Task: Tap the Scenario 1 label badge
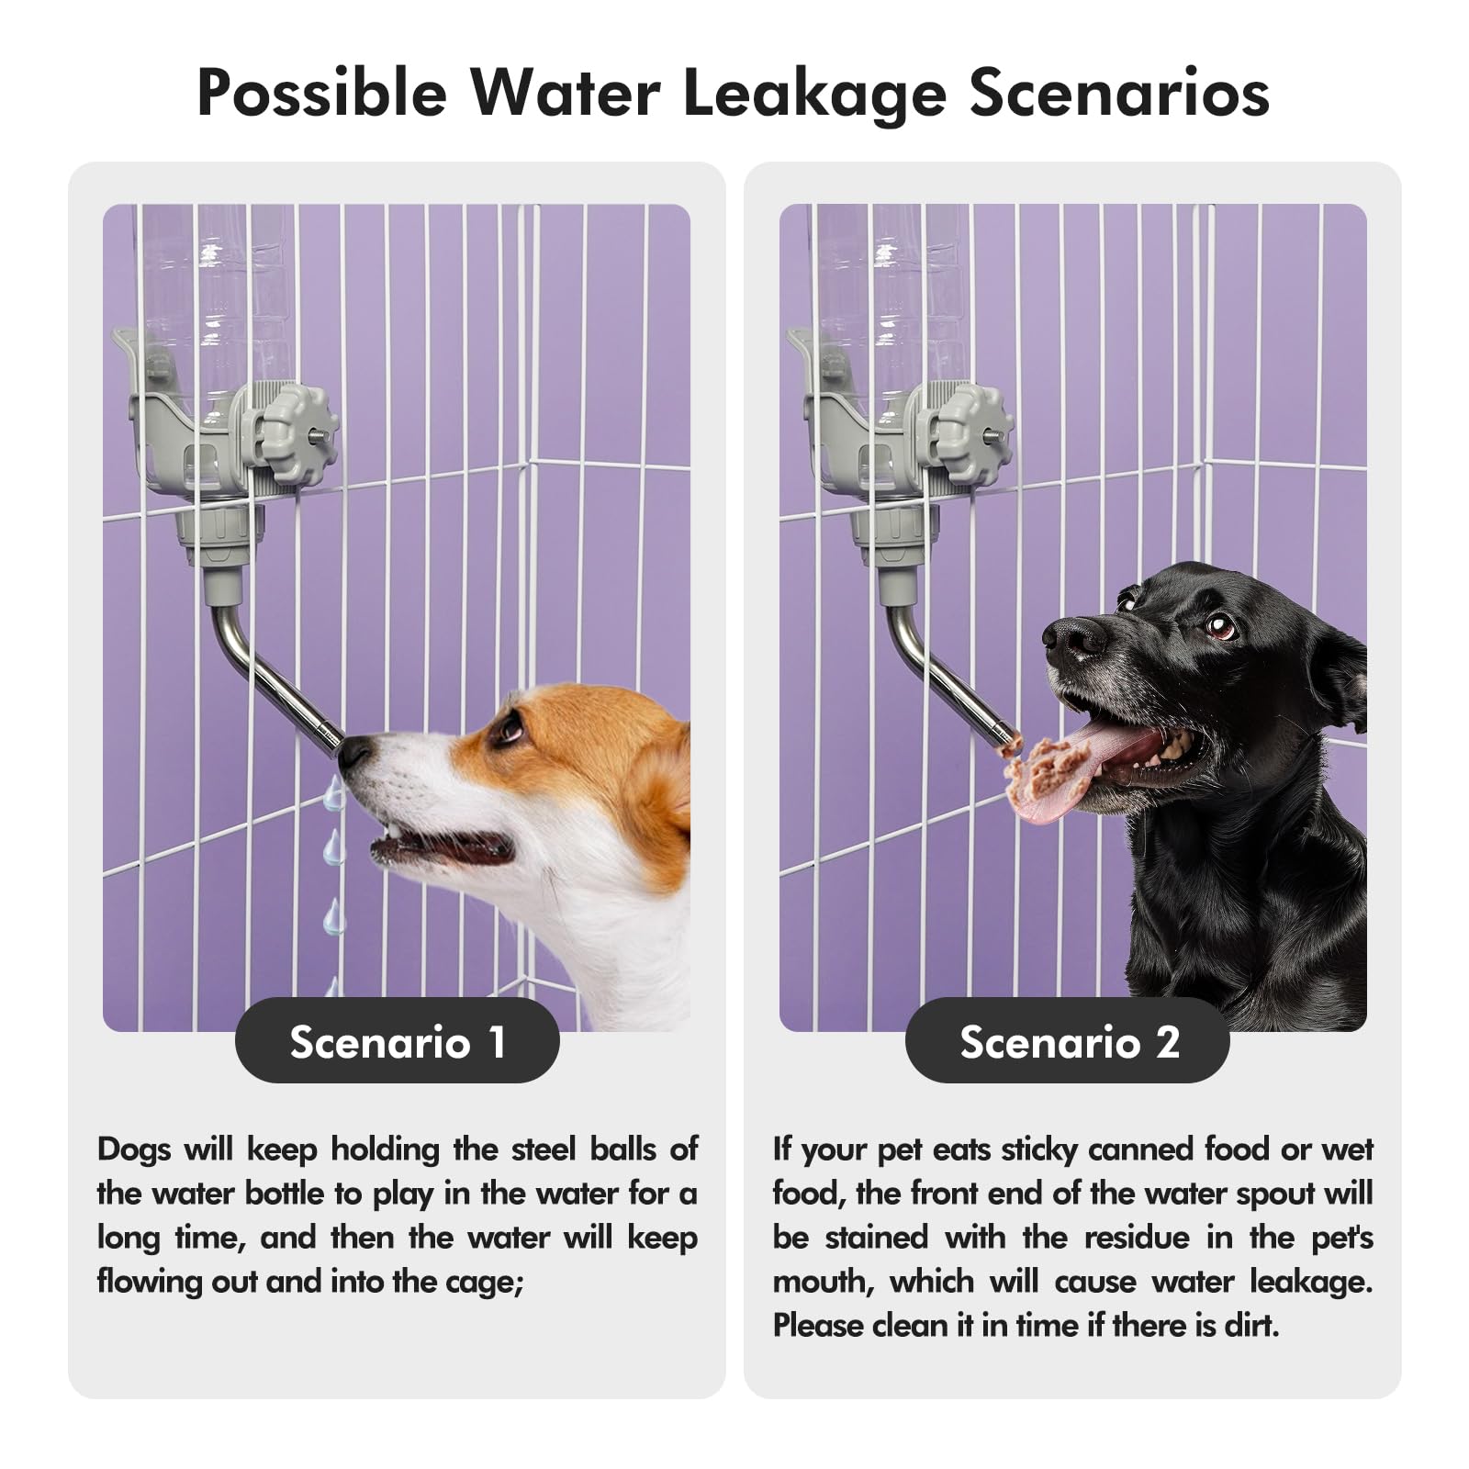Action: pos(397,1042)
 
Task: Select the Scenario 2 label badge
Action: pos(1069,1042)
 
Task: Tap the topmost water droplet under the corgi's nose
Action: pos(334,795)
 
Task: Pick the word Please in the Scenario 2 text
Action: pos(817,1326)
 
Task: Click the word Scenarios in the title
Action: pos(1119,94)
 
